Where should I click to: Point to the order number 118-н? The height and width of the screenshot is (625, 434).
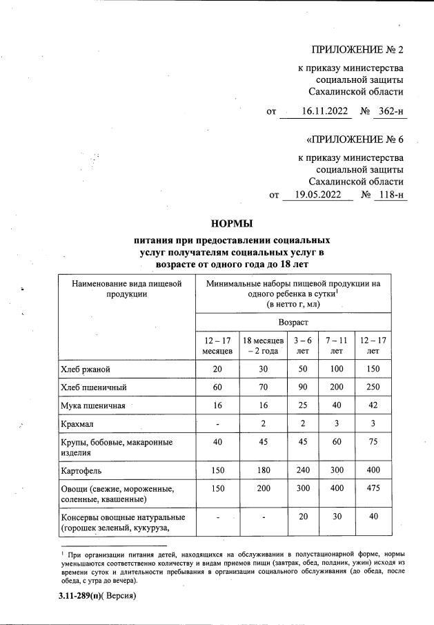[x=391, y=195]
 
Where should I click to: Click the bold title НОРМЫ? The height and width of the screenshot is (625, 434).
[x=232, y=223]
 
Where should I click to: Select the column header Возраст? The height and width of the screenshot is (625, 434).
[x=293, y=323]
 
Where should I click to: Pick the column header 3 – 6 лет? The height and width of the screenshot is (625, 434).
[x=302, y=345]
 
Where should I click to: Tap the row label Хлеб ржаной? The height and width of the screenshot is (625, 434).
[x=85, y=369]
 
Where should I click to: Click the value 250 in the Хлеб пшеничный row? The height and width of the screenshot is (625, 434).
[x=373, y=387]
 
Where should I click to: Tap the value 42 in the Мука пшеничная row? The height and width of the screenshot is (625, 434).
[x=373, y=405]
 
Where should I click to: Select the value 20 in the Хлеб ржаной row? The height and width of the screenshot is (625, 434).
[x=217, y=369]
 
